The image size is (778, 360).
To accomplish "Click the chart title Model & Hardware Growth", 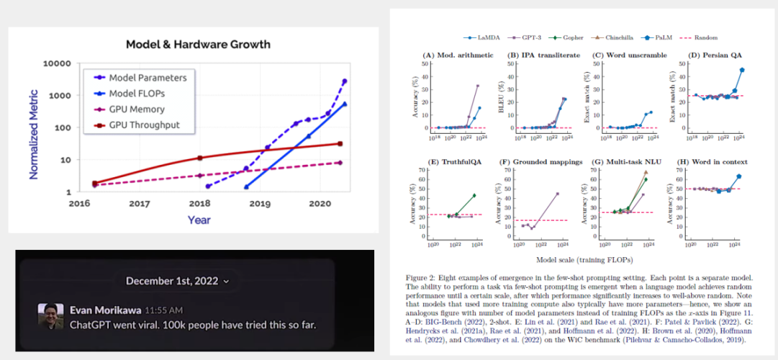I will click(x=198, y=45).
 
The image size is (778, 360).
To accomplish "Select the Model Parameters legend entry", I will click(x=148, y=78).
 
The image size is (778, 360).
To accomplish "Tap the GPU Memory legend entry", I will click(x=137, y=109).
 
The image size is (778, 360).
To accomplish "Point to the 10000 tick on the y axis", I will click(x=55, y=63).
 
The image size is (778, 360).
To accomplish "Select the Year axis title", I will click(x=199, y=220).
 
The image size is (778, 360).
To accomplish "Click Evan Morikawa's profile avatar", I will click(x=50, y=317).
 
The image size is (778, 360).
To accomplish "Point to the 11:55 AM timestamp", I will click(x=163, y=310).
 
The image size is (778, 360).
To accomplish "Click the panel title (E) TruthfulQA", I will click(x=453, y=162).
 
